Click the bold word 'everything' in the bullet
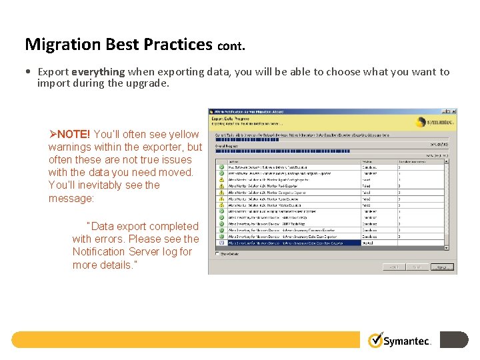coord(98,71)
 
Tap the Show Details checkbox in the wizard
coord(217,253)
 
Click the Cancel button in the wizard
coord(440,267)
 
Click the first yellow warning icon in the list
coord(221,179)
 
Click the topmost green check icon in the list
coord(221,167)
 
